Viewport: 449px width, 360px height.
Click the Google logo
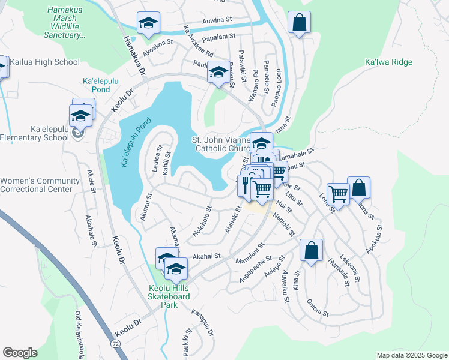[20, 353]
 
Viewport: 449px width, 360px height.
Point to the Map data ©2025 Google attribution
[411, 355]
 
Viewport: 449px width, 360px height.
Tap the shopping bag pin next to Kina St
[311, 250]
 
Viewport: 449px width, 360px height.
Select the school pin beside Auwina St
[148, 24]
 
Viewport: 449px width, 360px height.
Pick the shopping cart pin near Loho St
[339, 194]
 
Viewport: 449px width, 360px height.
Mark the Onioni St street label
[318, 308]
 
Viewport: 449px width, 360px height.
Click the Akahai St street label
[206, 255]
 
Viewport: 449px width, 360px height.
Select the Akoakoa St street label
[158, 43]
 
